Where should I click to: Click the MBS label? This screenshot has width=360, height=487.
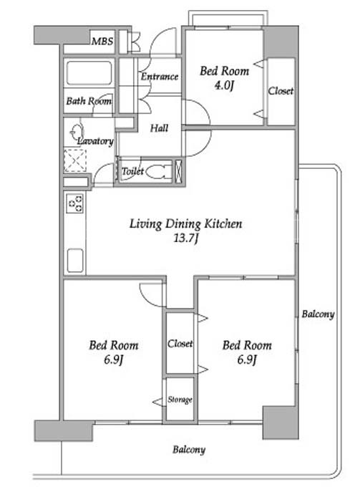tap(102, 41)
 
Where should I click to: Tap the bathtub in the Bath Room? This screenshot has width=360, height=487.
tap(89, 73)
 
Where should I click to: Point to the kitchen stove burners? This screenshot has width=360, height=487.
tap(75, 203)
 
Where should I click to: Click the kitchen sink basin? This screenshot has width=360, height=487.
tap(75, 260)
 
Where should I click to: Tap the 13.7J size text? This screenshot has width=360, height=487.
tap(185, 238)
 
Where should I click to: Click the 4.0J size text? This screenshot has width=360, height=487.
tap(224, 85)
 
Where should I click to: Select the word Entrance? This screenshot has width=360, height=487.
tap(160, 77)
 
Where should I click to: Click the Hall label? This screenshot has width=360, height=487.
tap(159, 128)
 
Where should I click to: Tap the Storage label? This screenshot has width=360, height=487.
tap(180, 400)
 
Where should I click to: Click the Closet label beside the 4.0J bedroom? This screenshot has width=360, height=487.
tap(281, 91)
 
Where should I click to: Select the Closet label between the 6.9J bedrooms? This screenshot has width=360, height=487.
tap(180, 344)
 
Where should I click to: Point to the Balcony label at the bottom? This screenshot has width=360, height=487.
tap(189, 450)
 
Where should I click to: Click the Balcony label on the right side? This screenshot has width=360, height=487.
tap(318, 314)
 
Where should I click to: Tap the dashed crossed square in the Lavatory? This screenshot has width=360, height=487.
tap(75, 160)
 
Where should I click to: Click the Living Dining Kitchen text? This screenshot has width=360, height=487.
tap(185, 224)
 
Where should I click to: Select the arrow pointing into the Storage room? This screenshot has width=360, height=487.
tap(159, 402)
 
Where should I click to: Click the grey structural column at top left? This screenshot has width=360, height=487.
tap(62, 35)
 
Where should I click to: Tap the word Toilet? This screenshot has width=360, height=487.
tap(132, 171)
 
